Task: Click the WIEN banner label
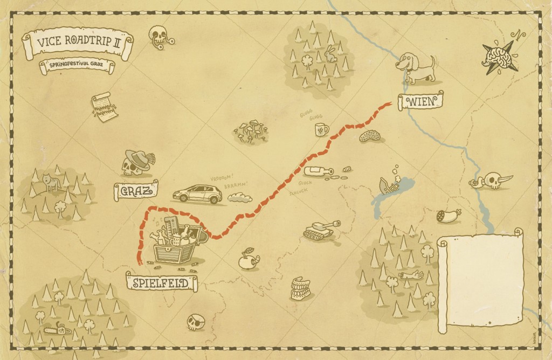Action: tap(420, 101)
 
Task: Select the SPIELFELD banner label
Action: tap(161, 282)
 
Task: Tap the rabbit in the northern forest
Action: tap(330, 54)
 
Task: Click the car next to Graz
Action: tap(198, 194)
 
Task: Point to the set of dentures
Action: tap(300, 289)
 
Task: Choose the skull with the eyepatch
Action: tap(195, 322)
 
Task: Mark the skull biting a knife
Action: tap(492, 181)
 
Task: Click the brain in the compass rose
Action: tap(498, 54)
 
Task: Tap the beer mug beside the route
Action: tap(321, 129)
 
